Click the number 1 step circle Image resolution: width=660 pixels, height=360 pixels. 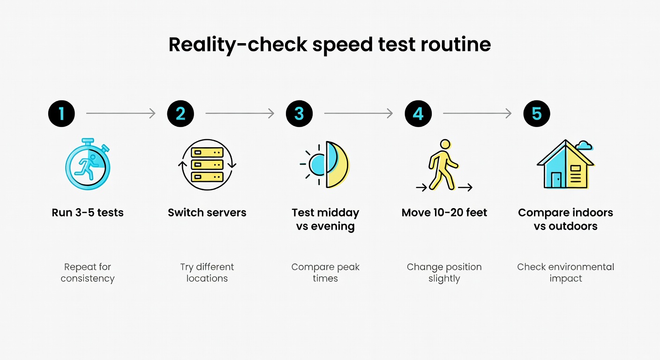coord(61,113)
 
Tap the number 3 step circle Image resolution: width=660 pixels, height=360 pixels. coord(300,113)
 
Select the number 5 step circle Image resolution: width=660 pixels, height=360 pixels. coord(537,113)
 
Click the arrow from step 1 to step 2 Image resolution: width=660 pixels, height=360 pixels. coord(120,113)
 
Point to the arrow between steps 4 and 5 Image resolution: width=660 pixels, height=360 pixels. coord(477,113)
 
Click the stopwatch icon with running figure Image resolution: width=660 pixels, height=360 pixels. coord(88,165)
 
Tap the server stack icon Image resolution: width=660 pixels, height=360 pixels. coord(207,165)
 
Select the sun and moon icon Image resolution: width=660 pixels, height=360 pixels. coord(325,165)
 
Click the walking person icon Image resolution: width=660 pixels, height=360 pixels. coord(443,165)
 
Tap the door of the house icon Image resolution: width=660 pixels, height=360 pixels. coord(556,180)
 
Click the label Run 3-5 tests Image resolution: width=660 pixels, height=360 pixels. coord(88,212)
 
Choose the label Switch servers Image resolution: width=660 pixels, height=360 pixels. coord(207,212)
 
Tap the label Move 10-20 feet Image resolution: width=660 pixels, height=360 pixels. coord(444,212)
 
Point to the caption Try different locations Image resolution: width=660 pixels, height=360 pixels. coord(207,272)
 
